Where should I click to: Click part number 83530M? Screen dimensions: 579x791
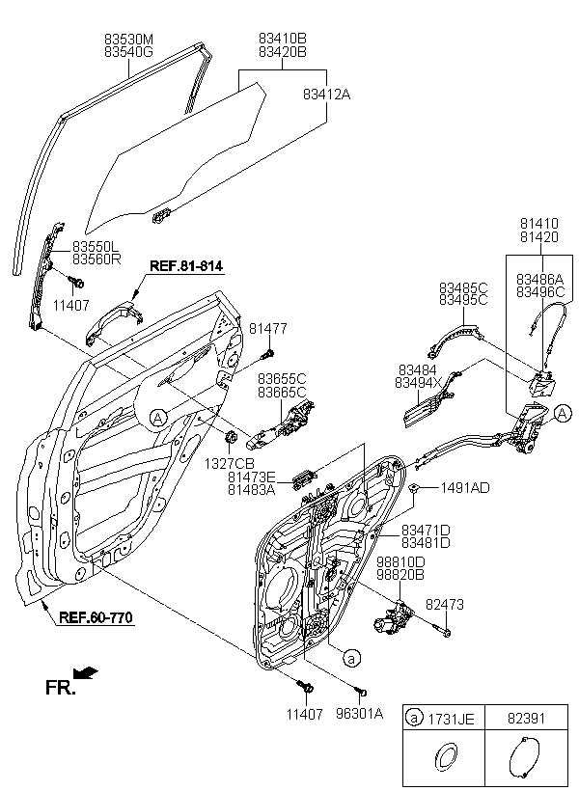coord(128,39)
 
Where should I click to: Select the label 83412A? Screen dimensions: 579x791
coord(326,95)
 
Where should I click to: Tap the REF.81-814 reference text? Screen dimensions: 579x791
coord(186,266)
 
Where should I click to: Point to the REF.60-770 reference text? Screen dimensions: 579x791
coord(96,617)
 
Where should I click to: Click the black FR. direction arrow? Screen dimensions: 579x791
coord(86,672)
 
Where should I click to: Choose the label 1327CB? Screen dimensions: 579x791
coord(229,463)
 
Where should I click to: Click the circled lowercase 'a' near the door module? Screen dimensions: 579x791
coord(352,657)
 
